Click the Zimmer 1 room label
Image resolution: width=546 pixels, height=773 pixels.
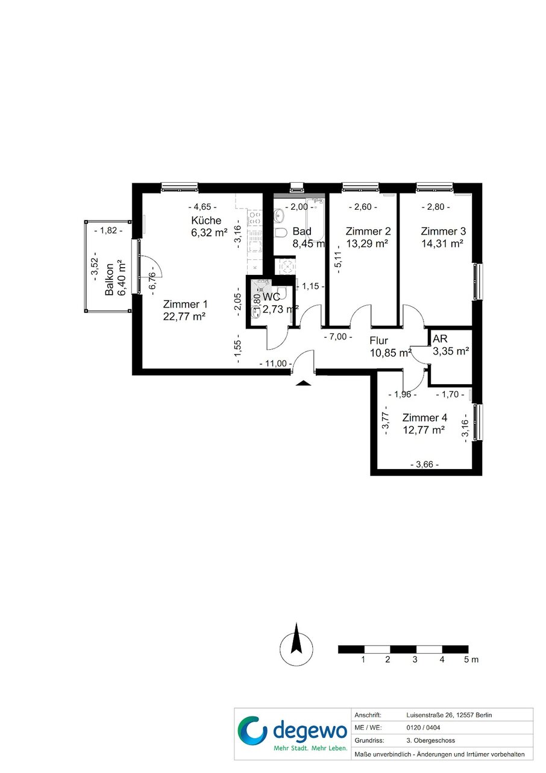(185, 304)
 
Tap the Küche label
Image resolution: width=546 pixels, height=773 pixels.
(206, 220)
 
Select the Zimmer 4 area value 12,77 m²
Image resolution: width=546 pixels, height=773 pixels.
(423, 430)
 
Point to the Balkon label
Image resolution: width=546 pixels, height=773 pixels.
(109, 280)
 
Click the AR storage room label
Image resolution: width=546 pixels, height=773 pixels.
(440, 339)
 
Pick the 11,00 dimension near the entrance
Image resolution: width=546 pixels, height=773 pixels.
(276, 364)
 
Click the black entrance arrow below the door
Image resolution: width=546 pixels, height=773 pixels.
(304, 382)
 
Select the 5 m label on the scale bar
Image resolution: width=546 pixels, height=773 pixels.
(471, 660)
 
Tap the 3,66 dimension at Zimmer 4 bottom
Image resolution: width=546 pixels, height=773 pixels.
(425, 464)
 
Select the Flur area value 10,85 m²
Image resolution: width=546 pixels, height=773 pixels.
(391, 353)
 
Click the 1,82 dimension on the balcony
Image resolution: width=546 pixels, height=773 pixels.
(108, 230)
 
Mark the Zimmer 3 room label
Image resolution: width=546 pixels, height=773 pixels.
(443, 231)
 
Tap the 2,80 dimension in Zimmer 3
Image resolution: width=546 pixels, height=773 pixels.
(436, 207)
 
